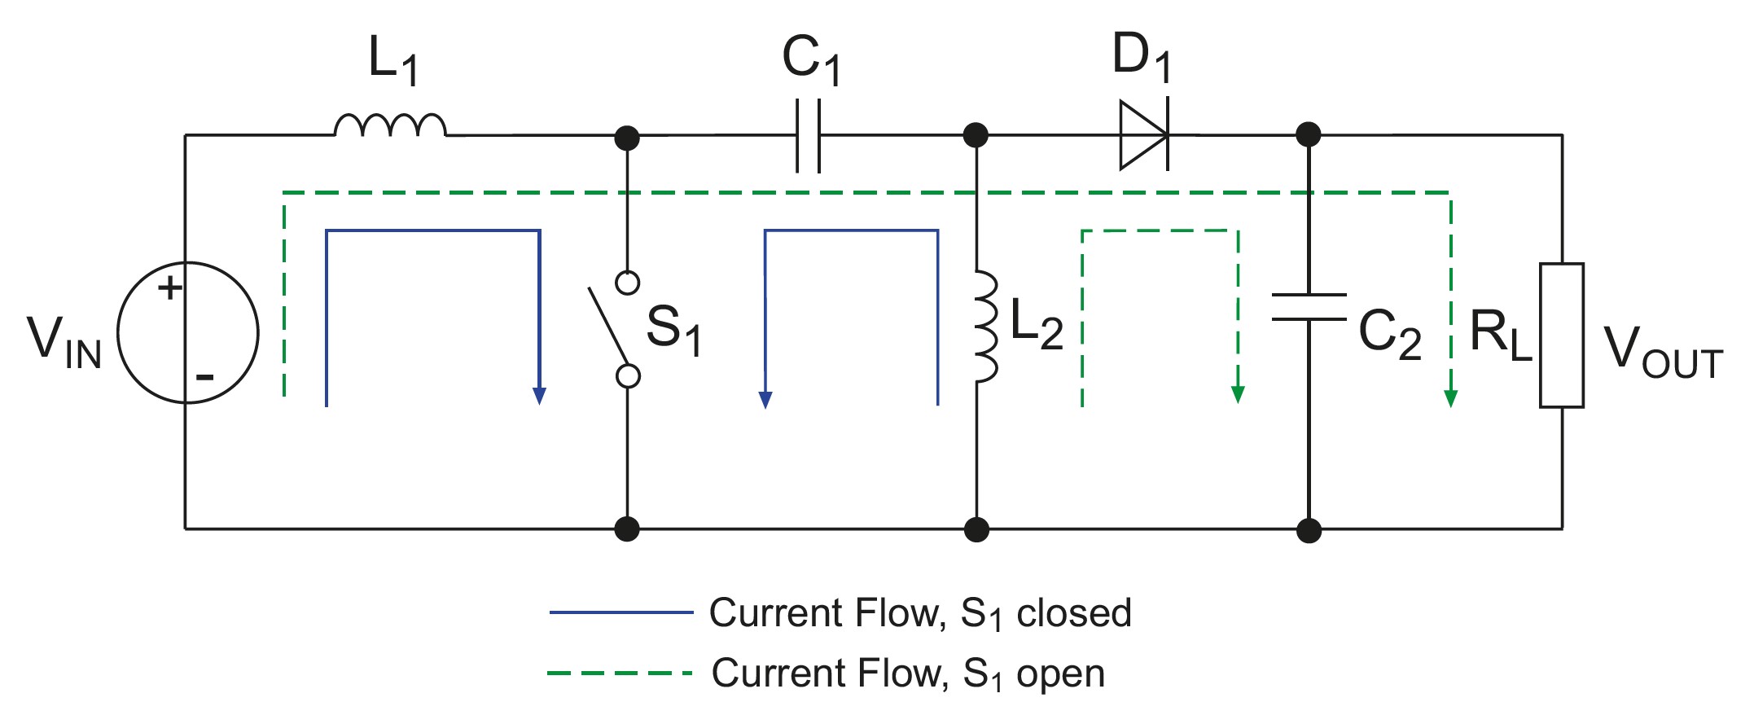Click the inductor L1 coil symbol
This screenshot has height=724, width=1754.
(x=390, y=125)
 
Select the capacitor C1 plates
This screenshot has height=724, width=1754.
(x=808, y=135)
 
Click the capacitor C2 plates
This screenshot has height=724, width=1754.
(x=1309, y=307)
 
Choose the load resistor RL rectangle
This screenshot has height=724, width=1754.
(x=1561, y=335)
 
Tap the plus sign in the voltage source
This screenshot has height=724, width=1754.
(x=170, y=287)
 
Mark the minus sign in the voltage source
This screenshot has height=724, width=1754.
(x=204, y=377)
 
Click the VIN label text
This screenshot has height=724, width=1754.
(x=64, y=342)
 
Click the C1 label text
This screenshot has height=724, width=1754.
(x=811, y=59)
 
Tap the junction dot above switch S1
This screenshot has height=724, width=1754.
(x=627, y=138)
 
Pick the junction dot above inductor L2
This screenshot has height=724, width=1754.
(x=976, y=135)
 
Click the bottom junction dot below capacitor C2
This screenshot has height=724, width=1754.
(x=1309, y=530)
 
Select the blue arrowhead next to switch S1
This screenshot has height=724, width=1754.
(x=539, y=396)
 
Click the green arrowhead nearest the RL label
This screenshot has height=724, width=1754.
(x=1450, y=398)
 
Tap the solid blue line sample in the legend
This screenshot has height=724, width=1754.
(x=620, y=612)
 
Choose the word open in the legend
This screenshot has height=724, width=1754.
(x=1060, y=674)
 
